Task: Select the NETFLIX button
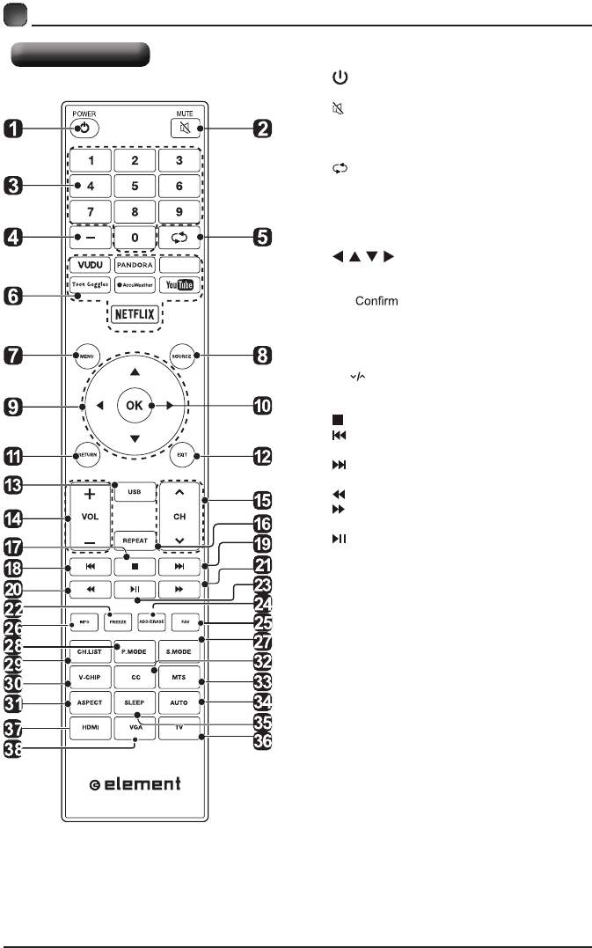(136, 312)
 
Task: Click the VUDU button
(87, 263)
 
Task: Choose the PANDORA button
(135, 263)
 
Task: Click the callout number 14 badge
(14, 518)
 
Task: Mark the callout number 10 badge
(261, 406)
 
